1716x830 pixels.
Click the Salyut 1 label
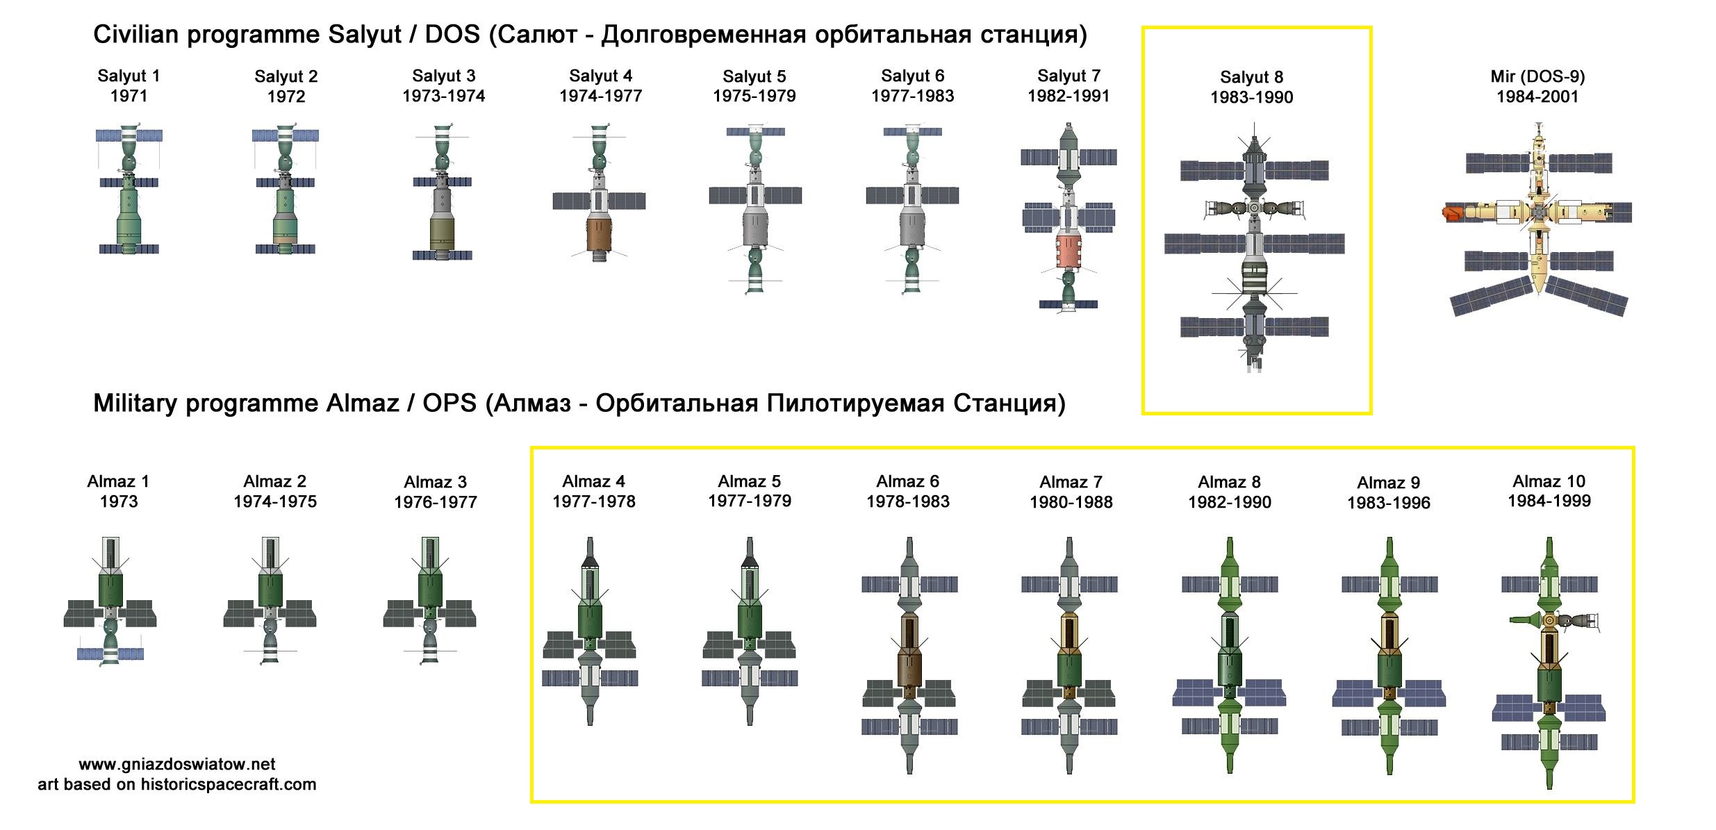(x=129, y=76)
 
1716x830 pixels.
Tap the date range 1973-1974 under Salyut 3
(x=443, y=96)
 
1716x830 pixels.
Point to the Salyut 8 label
(x=1251, y=77)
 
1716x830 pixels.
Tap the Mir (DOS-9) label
(x=1537, y=76)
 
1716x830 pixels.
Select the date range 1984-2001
(x=1537, y=97)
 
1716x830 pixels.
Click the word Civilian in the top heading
(x=136, y=34)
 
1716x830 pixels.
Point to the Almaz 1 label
(x=118, y=481)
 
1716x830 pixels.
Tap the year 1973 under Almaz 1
(x=119, y=501)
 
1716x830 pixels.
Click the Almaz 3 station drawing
(x=430, y=600)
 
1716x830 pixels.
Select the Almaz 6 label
(x=907, y=481)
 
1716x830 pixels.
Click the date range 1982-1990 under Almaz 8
(x=1230, y=502)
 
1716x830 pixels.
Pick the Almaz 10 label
(x=1549, y=481)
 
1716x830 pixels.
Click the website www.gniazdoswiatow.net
(x=177, y=764)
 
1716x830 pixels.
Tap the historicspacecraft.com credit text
(x=229, y=784)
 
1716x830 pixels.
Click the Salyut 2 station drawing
(x=285, y=190)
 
